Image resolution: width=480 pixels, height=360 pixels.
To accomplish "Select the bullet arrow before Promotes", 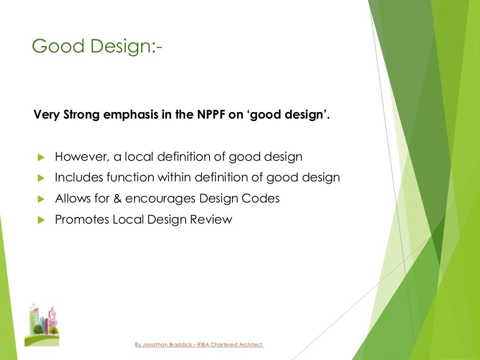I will coord(40,220).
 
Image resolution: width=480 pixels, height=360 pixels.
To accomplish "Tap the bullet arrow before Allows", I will coord(40,199).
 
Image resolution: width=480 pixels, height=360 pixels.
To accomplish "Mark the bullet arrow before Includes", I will coord(40,178).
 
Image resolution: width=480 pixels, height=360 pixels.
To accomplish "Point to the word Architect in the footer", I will coord(251,345).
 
